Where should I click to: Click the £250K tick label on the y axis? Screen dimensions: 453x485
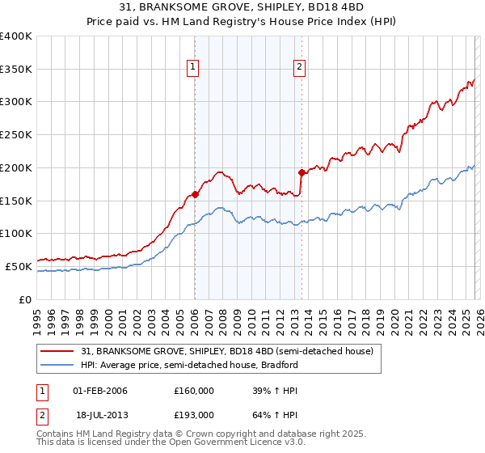click(16, 135)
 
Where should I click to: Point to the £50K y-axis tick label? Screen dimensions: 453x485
click(19, 266)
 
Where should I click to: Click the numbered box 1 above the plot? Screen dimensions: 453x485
click(194, 68)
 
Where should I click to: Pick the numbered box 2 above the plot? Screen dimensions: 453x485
click(299, 68)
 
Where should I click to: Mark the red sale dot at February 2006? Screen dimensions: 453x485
click(195, 194)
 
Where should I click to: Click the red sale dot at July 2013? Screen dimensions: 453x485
click(302, 172)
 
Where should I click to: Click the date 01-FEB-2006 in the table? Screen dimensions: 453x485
click(100, 391)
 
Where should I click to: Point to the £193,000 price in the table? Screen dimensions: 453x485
click(193, 414)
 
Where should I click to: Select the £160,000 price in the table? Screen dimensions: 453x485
click(193, 391)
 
